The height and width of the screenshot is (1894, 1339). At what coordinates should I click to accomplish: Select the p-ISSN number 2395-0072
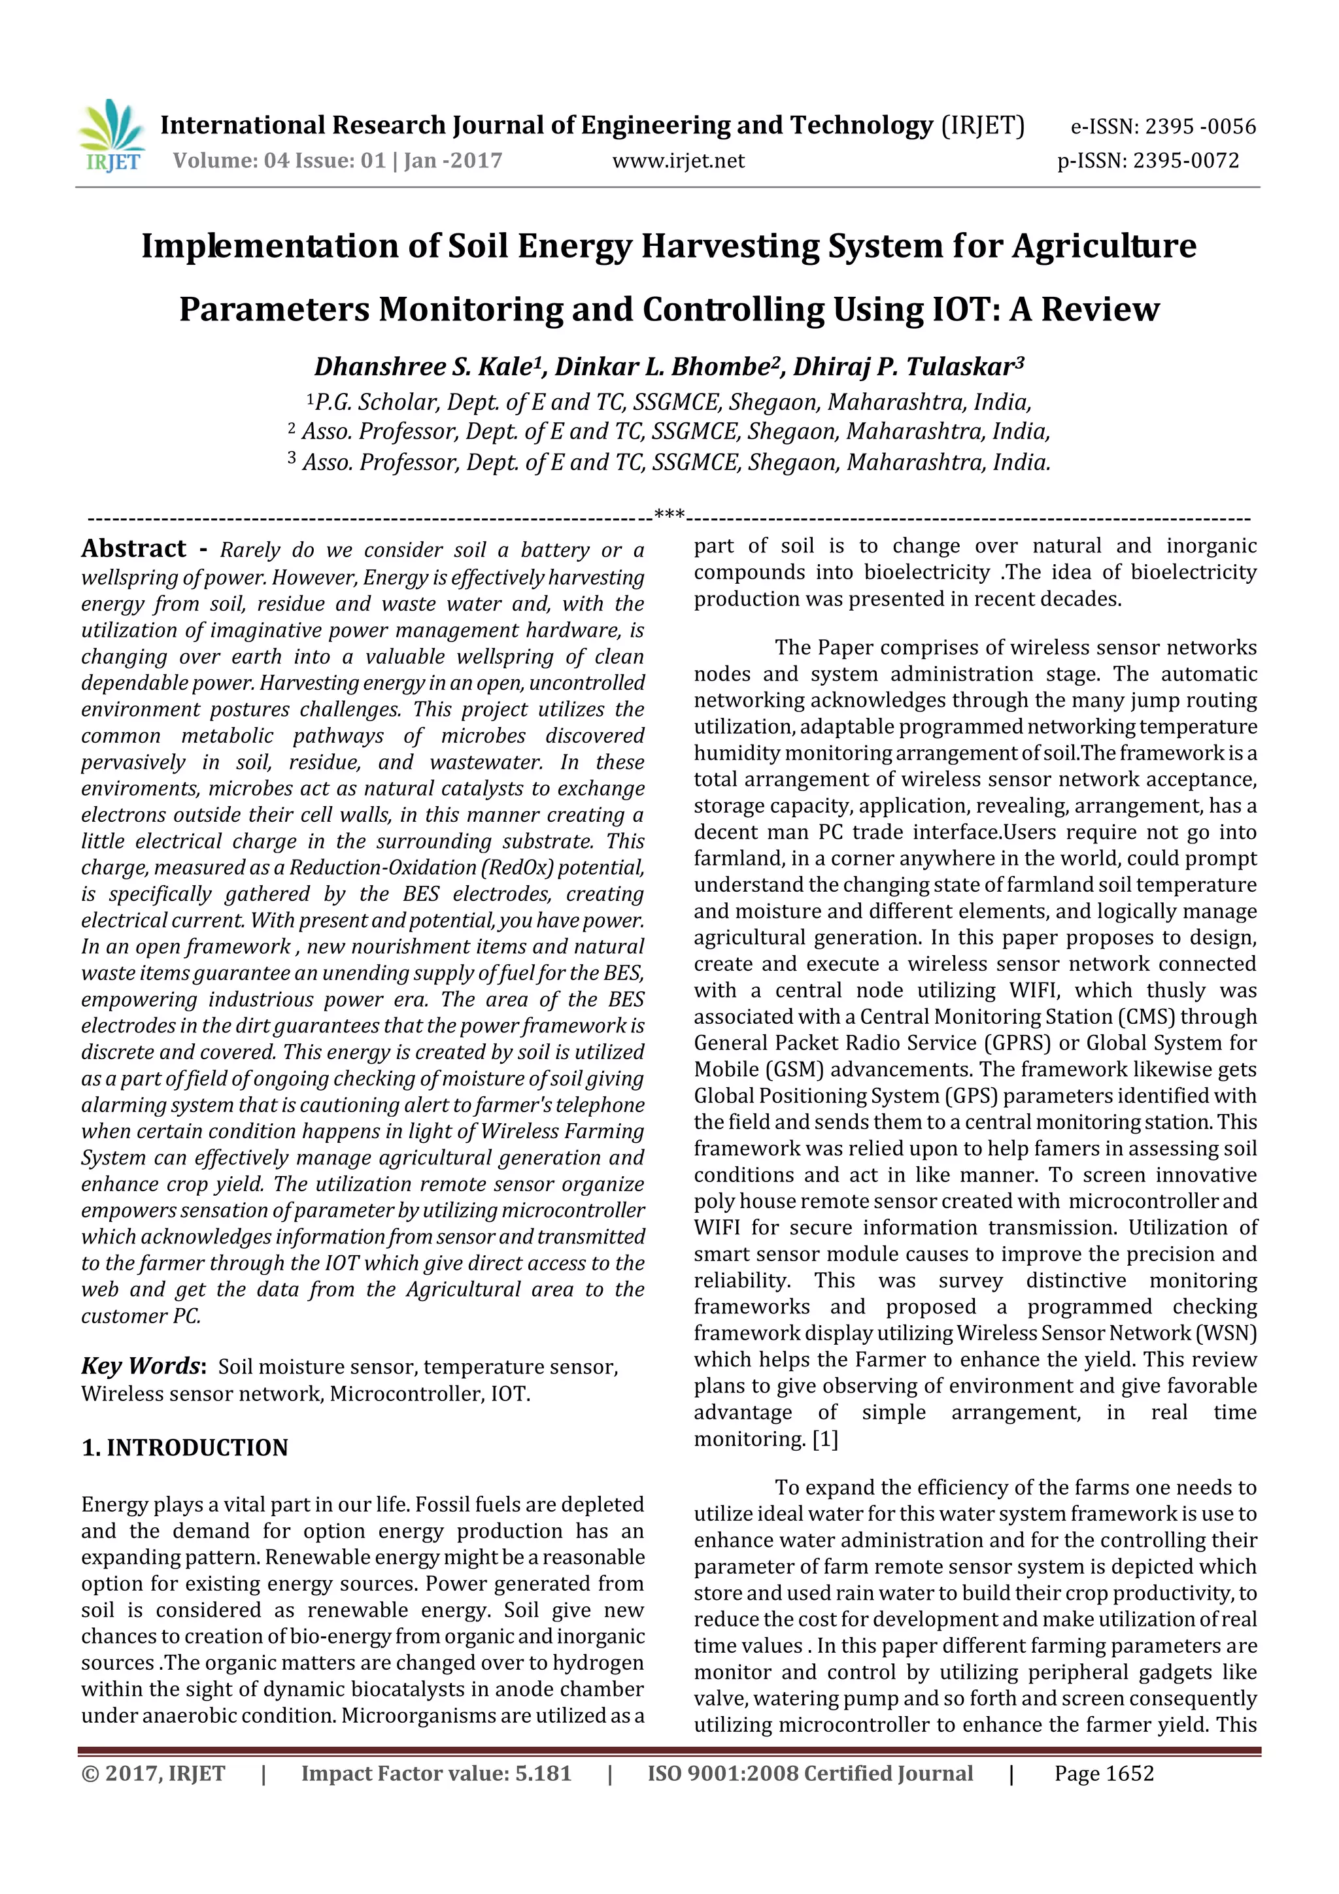pos(1185,161)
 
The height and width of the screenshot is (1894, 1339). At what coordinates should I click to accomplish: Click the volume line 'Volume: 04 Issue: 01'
pos(279,161)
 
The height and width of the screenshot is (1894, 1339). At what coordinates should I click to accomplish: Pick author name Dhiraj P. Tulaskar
pos(907,366)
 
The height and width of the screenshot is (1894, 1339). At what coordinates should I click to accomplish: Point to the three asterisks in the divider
pos(669,516)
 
